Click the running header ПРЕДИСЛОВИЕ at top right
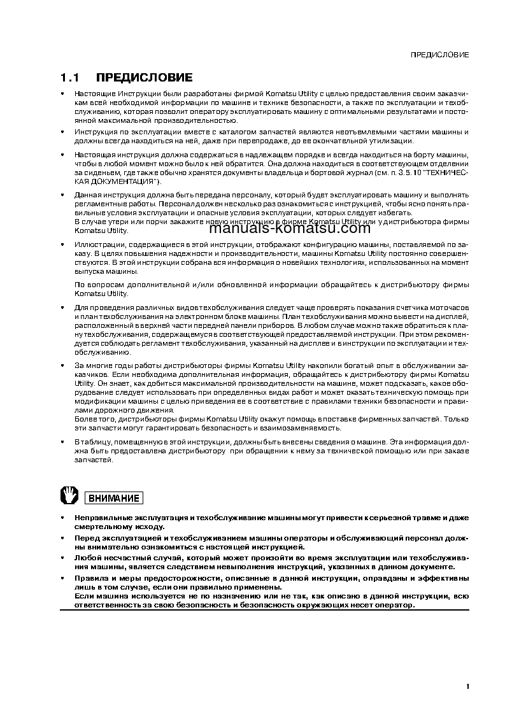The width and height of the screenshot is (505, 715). pos(439,55)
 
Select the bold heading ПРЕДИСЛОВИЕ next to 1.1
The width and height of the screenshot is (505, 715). pos(144,78)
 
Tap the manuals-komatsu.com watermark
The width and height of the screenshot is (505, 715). pos(289,229)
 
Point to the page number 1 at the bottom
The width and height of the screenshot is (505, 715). pos(467,686)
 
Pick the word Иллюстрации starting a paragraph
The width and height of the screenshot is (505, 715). pos(96,244)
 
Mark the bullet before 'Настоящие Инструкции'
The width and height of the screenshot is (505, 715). pos(62,94)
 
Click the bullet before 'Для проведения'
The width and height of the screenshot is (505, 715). pos(62,308)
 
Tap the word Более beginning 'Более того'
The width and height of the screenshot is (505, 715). pos(85,419)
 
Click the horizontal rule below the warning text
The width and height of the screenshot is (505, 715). pos(264,611)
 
